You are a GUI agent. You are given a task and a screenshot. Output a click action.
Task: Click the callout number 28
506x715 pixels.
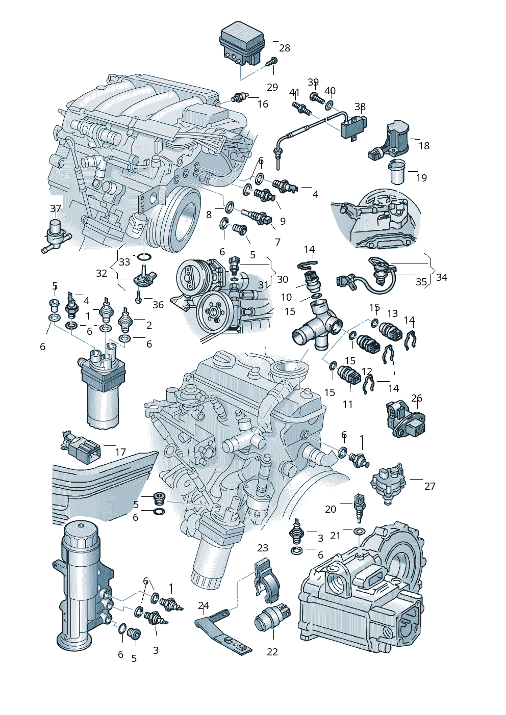click(285, 48)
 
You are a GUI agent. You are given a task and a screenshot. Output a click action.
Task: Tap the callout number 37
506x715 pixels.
click(56, 208)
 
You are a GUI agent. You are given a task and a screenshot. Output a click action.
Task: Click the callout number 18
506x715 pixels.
click(424, 146)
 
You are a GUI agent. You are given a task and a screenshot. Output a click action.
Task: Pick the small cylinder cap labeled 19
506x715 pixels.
click(397, 171)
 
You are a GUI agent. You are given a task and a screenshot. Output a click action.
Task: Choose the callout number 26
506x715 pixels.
click(417, 398)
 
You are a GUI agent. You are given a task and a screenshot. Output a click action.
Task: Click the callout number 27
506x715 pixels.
click(430, 486)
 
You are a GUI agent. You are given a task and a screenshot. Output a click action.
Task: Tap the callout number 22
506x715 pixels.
click(272, 652)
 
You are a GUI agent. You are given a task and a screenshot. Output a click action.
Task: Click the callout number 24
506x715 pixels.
click(204, 606)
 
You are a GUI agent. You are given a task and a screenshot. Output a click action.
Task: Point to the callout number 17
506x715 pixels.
click(120, 452)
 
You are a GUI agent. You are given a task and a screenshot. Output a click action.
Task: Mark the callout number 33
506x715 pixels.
click(124, 262)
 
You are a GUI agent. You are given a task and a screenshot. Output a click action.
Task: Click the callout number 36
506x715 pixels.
click(158, 305)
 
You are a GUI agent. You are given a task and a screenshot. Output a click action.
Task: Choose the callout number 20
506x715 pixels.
click(331, 509)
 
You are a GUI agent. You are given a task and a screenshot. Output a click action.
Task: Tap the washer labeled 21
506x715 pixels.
click(359, 532)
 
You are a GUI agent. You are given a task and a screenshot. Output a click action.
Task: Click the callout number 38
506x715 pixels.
click(360, 107)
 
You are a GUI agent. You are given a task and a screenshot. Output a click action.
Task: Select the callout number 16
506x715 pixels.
click(263, 104)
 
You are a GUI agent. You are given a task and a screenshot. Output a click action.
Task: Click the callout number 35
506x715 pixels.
click(421, 282)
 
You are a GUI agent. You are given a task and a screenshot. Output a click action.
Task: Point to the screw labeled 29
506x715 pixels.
click(272, 62)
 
